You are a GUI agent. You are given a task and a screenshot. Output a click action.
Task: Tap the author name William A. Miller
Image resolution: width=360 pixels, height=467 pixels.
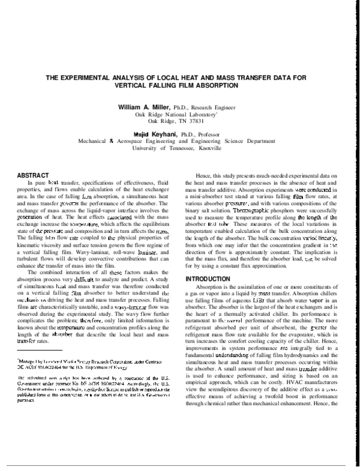(x=145, y=107)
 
